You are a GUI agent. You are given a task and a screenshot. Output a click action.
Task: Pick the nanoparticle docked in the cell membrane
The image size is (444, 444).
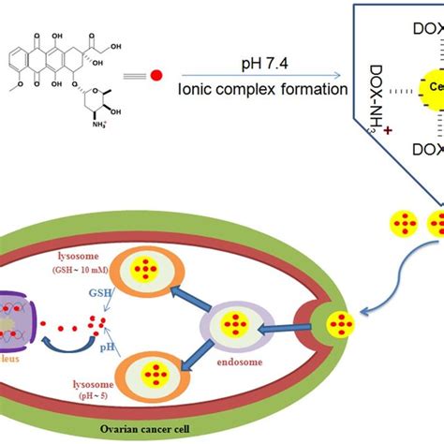pos(343,326)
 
